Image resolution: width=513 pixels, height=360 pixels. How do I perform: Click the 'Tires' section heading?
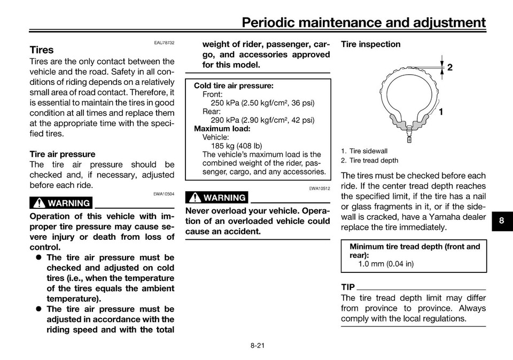coord(42,50)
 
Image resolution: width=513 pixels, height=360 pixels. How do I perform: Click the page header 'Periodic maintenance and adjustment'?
coord(363,22)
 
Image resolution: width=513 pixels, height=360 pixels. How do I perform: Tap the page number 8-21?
coord(257,346)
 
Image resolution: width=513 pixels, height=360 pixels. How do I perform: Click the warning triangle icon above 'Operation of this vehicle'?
coord(38,204)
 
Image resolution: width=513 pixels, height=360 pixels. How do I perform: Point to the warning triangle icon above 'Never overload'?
coord(195,198)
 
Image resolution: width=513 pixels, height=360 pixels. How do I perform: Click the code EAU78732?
coord(164,43)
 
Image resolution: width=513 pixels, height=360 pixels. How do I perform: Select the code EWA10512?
coord(320,189)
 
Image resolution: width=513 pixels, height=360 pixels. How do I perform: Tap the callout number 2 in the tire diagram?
coord(450,67)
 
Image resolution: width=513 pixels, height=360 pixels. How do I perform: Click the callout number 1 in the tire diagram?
coord(441,112)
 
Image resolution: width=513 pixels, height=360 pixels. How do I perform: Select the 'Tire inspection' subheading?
coord(370,44)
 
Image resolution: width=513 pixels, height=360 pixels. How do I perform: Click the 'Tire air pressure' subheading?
coord(63,154)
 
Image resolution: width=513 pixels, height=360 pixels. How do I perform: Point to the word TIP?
coord(348,287)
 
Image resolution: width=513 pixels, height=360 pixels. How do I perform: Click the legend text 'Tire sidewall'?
coord(368,151)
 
